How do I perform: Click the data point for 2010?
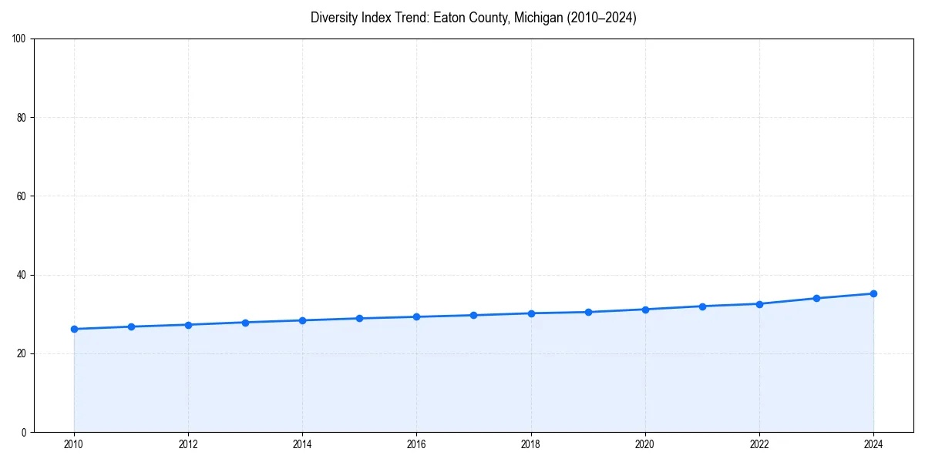click(x=74, y=329)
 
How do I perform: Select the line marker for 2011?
click(x=131, y=326)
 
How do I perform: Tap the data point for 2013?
click(x=245, y=323)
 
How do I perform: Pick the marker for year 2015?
click(x=359, y=318)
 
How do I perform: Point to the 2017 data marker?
click(x=473, y=315)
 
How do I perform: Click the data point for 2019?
click(x=588, y=312)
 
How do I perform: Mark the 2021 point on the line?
click(x=702, y=306)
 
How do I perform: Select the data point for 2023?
click(x=816, y=298)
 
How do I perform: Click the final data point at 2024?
click(x=873, y=293)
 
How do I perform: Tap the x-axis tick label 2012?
click(x=188, y=444)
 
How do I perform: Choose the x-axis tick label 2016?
click(x=416, y=444)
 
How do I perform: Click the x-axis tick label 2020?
click(x=645, y=444)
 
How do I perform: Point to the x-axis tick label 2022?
click(x=759, y=444)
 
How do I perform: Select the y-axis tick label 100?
click(x=20, y=39)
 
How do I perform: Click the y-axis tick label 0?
click(x=25, y=432)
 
